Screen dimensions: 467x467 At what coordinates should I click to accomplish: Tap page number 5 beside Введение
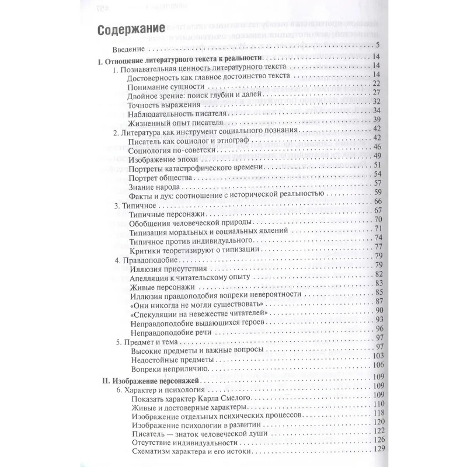click(x=378, y=46)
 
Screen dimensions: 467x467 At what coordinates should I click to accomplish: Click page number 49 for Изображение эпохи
click(x=376, y=156)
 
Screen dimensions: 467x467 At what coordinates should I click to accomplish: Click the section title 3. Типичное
click(x=131, y=201)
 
